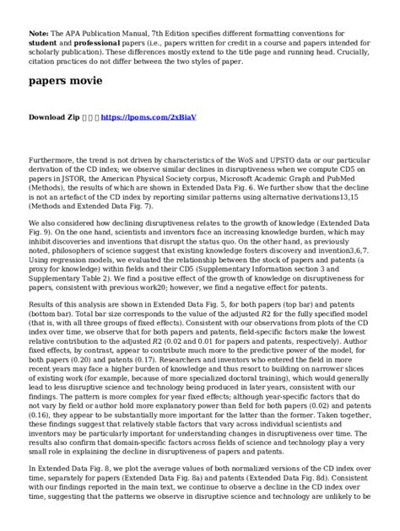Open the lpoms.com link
click(148, 118)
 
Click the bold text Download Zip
click(55, 118)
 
